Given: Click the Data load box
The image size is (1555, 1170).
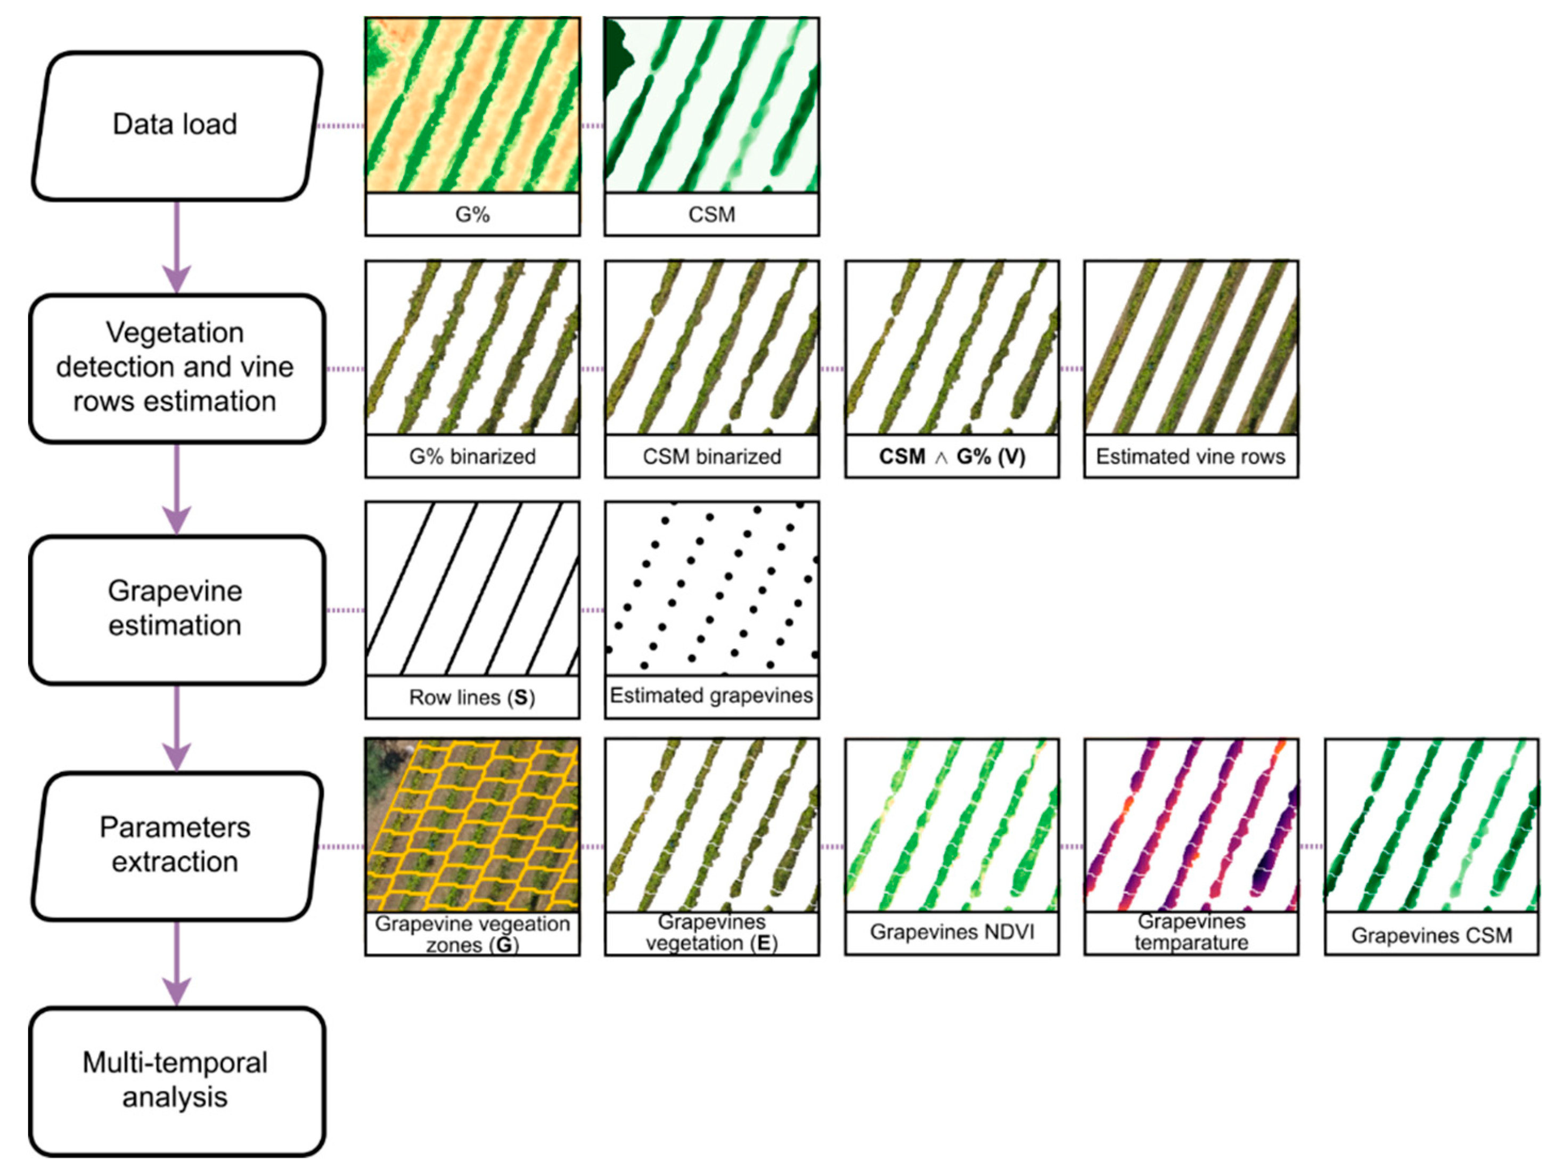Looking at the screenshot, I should tap(176, 125).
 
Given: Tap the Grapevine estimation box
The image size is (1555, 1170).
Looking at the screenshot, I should tap(176, 609).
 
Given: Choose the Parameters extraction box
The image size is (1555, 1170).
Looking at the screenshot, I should tap(176, 845).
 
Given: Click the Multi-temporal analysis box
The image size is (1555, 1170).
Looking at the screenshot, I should tap(176, 1081).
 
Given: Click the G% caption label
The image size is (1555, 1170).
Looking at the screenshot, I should tap(472, 215).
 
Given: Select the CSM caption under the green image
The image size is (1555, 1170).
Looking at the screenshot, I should tap(711, 215).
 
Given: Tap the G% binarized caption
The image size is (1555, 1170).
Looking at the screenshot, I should tap(472, 457).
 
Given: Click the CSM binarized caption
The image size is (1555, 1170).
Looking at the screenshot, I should tap(711, 457).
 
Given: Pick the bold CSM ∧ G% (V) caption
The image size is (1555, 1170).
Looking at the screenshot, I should tap(952, 457).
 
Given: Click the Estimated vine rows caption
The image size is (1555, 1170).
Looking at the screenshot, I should tap(1191, 457).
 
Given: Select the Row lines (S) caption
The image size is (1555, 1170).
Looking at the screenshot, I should tap(472, 698).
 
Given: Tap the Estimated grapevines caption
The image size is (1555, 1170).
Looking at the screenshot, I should tap(711, 696).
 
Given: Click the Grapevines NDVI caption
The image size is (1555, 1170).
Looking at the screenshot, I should tap(952, 932).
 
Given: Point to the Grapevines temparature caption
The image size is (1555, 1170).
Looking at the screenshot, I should tap(1191, 932).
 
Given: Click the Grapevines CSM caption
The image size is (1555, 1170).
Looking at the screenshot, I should tap(1431, 936).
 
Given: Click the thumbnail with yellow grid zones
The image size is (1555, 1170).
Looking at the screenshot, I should tap(472, 825).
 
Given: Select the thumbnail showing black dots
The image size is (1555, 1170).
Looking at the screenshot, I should tap(711, 588).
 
